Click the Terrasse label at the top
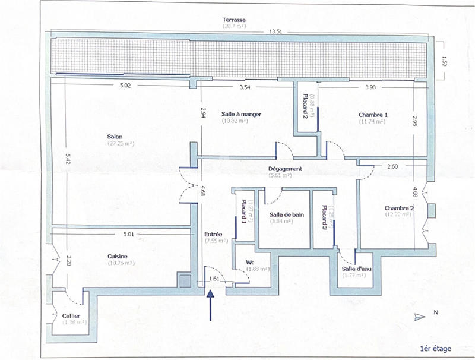pos(234,20)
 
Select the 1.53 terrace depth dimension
pos(444,60)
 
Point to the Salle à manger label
pos(241,114)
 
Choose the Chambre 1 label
pos(373,115)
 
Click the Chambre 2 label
pos(398,208)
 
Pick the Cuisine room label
pos(118,256)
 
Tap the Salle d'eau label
pos(356,268)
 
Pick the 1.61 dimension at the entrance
pos(214,278)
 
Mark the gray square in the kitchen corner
pos(185,280)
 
